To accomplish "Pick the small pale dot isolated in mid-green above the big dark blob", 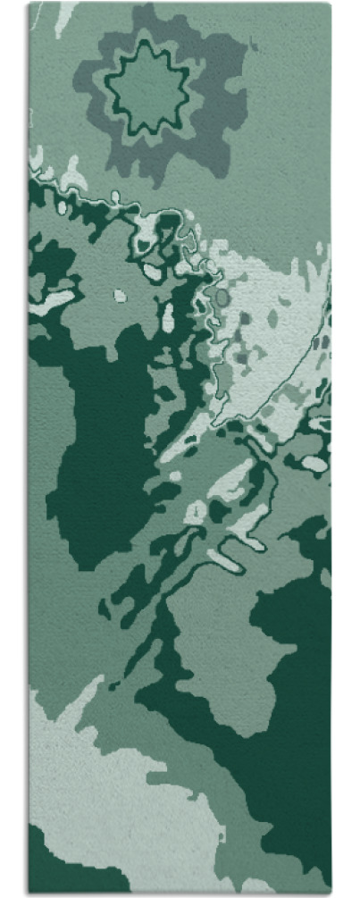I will tap(120, 296).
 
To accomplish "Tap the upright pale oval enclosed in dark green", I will tap(168, 314).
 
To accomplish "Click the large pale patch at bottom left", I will tap(107, 786).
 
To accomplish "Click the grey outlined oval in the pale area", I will tap(222, 298).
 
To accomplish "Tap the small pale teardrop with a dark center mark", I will tap(195, 512).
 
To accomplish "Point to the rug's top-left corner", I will tap(29, 4).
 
